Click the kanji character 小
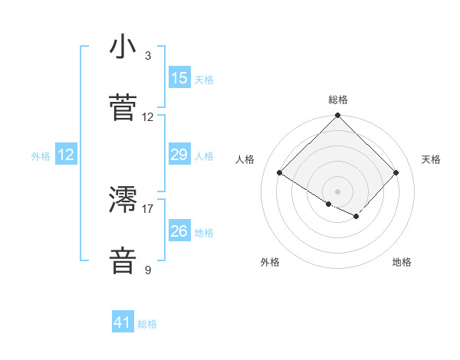pos(123,47)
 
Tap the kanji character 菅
pos(123,108)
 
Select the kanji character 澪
pos(123,200)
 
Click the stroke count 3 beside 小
pos(148,56)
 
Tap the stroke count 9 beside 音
pos(148,270)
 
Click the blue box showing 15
pos(179,78)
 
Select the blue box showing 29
pos(179,155)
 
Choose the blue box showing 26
pos(179,231)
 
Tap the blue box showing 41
pos(123,322)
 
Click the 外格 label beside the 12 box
pos(41,155)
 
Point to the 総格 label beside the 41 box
pos(147,324)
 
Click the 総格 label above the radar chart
pos(338,100)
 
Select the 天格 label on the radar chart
pos(431,159)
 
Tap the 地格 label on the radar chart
pos(402,262)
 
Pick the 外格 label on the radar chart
pos(270,262)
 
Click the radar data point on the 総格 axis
pos(337,116)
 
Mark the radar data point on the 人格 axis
pos(280,172)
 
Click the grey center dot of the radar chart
pos(337,191)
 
